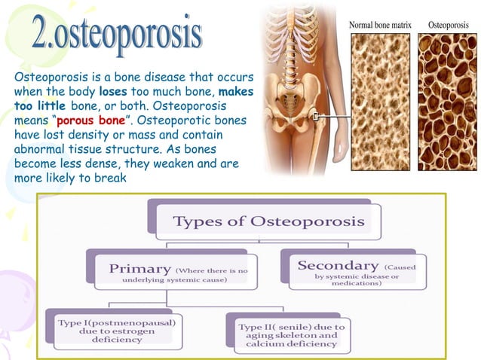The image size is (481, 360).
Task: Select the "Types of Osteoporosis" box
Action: [x=268, y=221]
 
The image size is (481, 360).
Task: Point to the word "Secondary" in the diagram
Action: [x=337, y=266]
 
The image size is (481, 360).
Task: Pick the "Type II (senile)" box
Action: [x=290, y=334]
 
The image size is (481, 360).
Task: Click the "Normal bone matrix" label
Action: [x=380, y=25]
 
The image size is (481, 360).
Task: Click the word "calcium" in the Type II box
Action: [x=265, y=344]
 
